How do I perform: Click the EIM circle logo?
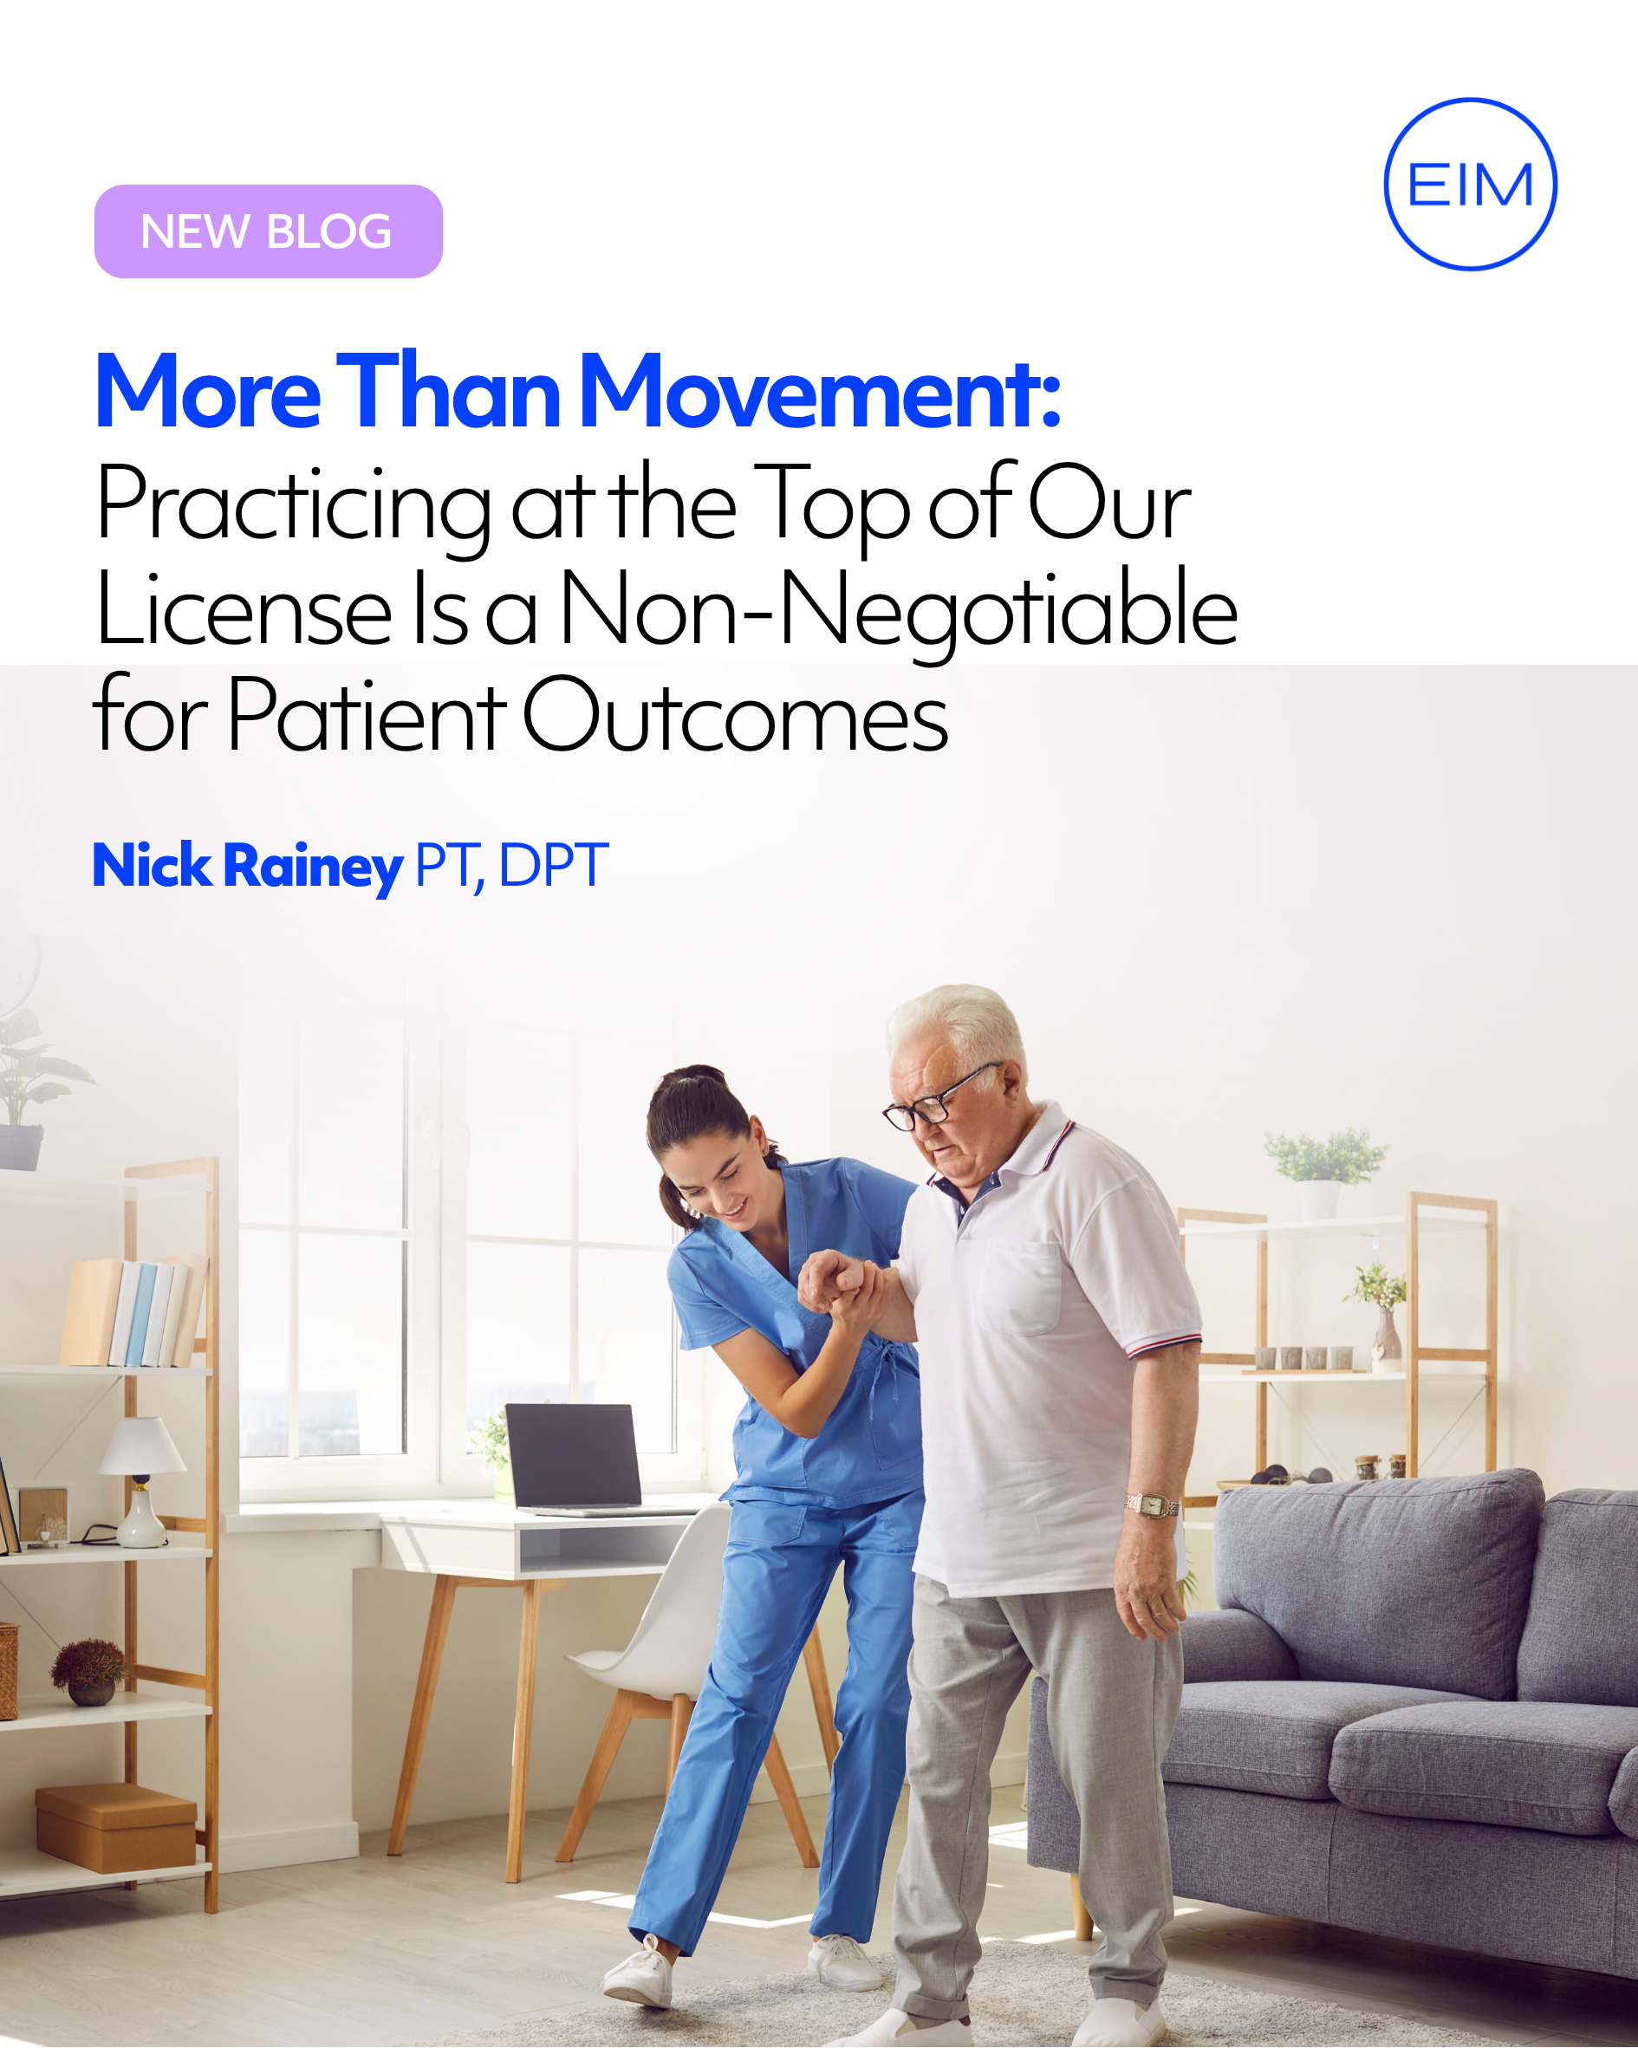point(1470,99)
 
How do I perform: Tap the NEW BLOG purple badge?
point(268,231)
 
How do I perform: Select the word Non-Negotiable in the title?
point(899,610)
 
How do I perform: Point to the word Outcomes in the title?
point(734,714)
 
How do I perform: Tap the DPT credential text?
point(553,864)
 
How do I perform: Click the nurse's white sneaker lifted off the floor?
point(640,1974)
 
